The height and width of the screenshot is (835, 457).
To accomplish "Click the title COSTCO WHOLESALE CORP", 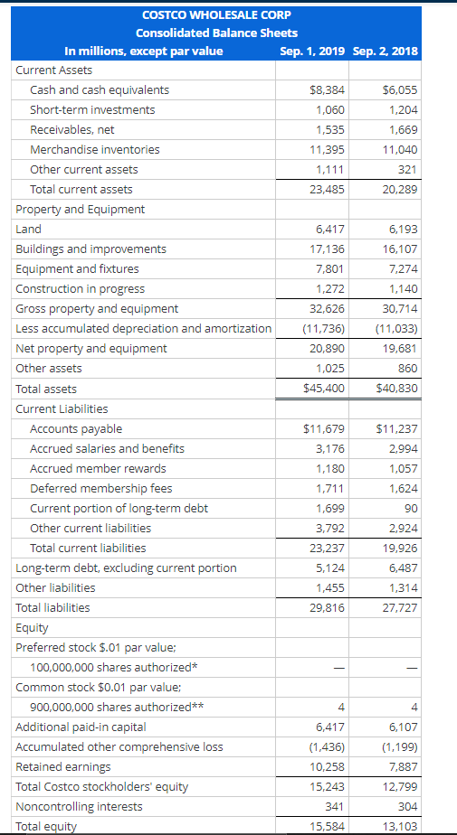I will point(216,14).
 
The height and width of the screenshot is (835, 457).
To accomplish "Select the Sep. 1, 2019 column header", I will point(312,51).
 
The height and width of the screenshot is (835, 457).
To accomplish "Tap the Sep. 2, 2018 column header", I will point(386,51).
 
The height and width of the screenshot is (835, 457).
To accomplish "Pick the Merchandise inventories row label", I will point(95,150).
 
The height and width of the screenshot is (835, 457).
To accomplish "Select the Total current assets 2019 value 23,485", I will point(327,190).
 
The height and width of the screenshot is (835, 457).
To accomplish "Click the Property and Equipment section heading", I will point(81,210).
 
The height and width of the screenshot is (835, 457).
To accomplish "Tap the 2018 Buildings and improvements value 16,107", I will point(399,249).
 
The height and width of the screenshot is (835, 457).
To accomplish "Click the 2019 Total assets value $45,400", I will point(325,389).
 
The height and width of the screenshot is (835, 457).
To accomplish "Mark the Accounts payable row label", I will point(76,428).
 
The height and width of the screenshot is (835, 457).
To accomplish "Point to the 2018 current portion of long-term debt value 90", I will point(409,508).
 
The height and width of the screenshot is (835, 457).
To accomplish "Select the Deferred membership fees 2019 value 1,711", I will point(330,488).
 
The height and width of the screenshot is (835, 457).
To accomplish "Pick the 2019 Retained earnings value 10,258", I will point(327,766).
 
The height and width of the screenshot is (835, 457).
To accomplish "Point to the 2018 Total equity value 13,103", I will point(399,826).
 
